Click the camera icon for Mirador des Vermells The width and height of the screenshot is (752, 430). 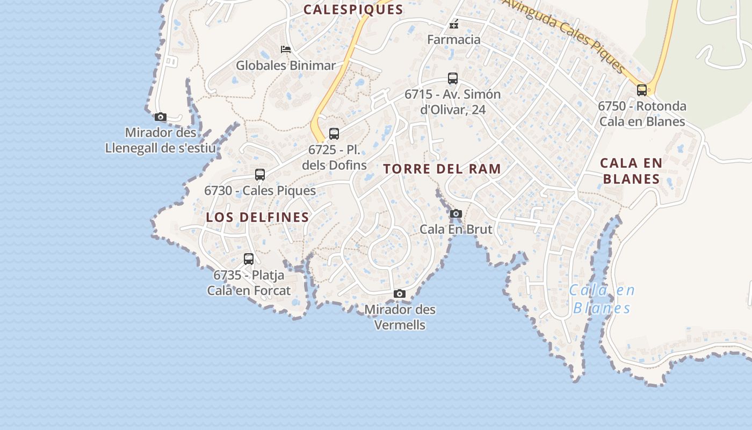click(x=399, y=293)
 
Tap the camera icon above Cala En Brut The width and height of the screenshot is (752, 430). click(x=456, y=213)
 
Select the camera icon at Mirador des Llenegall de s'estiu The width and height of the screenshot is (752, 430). click(x=160, y=117)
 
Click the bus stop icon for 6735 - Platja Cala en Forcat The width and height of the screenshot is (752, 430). click(x=249, y=259)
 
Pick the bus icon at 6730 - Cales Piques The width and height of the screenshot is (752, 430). click(x=260, y=175)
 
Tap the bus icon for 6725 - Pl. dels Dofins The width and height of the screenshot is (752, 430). click(x=334, y=134)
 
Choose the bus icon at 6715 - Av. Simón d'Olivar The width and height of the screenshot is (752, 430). click(x=453, y=78)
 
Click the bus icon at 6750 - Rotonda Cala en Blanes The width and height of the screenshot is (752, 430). click(x=642, y=90)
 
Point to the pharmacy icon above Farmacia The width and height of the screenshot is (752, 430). click(x=454, y=24)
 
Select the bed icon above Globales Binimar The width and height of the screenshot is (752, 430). click(x=286, y=49)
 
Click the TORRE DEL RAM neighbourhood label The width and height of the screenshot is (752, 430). click(x=442, y=169)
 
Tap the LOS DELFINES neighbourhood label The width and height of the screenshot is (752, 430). click(x=257, y=217)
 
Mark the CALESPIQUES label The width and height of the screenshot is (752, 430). click(x=353, y=9)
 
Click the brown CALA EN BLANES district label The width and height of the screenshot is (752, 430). click(x=631, y=171)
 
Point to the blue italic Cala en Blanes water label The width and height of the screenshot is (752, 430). click(x=602, y=299)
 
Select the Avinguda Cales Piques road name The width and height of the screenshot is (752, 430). click(x=564, y=35)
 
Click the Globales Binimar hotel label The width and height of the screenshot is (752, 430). click(x=286, y=66)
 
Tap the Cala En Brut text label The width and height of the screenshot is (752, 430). click(x=455, y=229)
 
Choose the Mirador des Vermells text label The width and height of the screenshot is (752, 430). click(x=400, y=317)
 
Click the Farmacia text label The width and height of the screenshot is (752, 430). click(x=454, y=39)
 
